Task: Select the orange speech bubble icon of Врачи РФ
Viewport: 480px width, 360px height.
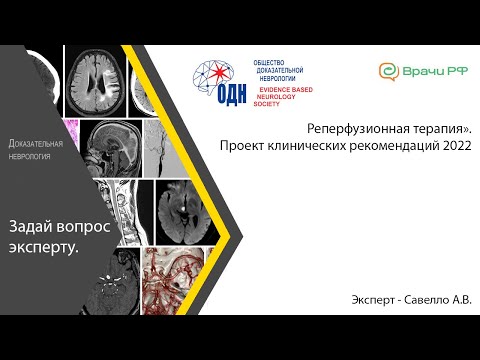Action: click(x=386, y=71)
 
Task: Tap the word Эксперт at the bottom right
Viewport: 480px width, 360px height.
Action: click(x=373, y=300)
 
